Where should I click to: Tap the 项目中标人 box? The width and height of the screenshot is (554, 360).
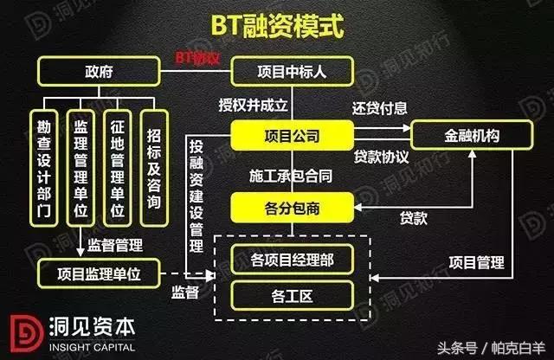(292, 71)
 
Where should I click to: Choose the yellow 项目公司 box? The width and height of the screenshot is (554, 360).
(292, 136)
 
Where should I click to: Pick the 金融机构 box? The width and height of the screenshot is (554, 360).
(470, 137)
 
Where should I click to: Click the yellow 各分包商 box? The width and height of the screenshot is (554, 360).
(292, 207)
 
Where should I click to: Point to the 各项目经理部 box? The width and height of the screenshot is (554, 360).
(292, 258)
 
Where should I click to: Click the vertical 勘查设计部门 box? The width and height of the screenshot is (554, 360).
(44, 167)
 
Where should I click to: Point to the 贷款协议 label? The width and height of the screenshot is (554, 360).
(381, 158)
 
